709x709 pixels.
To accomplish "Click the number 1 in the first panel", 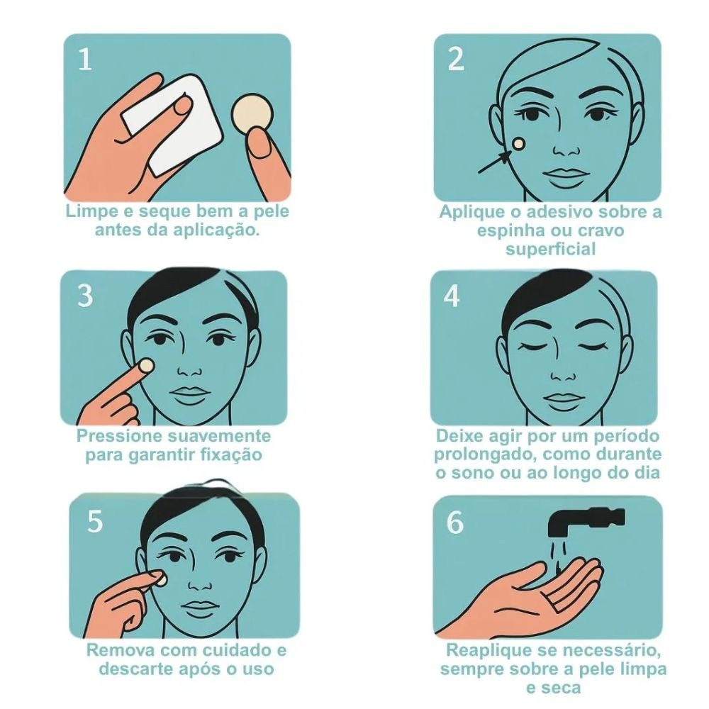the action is [x=85, y=60].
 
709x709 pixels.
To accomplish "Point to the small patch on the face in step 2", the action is [x=518, y=144].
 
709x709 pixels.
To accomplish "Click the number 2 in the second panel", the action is [x=456, y=60].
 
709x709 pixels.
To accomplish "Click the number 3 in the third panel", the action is [x=85, y=296].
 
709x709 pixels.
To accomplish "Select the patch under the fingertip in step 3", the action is [x=147, y=365].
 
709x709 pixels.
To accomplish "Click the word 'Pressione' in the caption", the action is [x=119, y=436].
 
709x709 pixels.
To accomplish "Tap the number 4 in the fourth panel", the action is [x=451, y=296].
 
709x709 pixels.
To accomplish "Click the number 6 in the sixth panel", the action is [x=455, y=523].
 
